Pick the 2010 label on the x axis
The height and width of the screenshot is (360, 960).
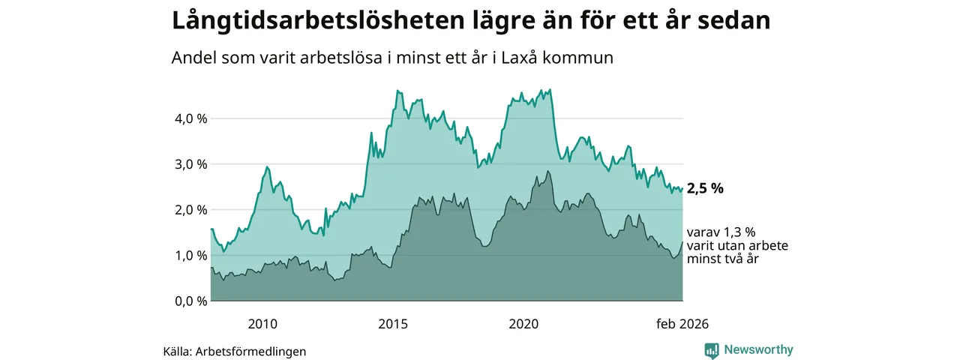coord(262,324)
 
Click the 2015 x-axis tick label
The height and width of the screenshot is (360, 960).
coord(393,324)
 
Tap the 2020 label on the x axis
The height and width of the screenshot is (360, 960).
coord(523,324)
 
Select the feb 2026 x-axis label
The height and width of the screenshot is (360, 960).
coord(682,324)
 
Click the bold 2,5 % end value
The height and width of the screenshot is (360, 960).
coord(705,189)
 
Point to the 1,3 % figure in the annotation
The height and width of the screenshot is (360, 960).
coord(738,232)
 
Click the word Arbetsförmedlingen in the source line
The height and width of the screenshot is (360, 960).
coord(250,351)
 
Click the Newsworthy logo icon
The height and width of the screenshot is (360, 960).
coord(712,350)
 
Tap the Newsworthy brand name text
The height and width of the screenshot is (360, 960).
coord(758,350)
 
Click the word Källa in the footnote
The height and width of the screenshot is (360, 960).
coord(177,351)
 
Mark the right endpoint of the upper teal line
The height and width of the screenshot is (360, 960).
coord(682,188)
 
